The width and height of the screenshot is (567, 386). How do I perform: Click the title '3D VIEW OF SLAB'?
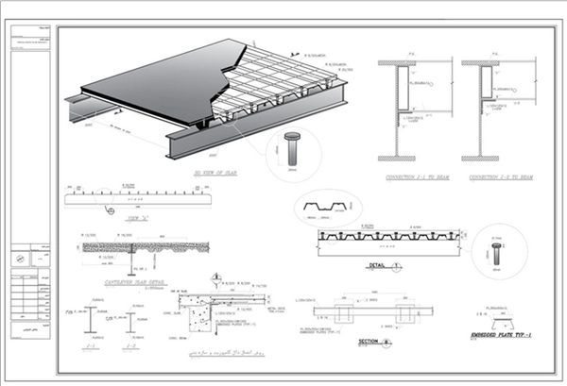(220, 175)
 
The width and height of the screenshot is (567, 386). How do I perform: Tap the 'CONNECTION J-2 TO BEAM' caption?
(495, 176)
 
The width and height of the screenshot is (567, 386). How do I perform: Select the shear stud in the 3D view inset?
(291, 151)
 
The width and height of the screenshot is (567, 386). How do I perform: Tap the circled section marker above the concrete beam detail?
(215, 277)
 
